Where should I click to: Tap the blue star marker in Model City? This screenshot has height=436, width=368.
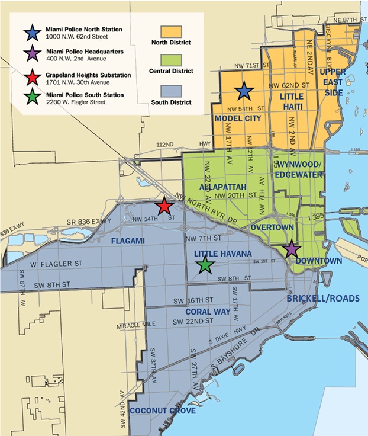243,91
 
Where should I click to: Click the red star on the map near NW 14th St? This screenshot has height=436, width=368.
164,207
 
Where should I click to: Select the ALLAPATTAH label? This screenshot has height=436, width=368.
223,187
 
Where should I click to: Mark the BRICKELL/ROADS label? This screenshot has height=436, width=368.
322,299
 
